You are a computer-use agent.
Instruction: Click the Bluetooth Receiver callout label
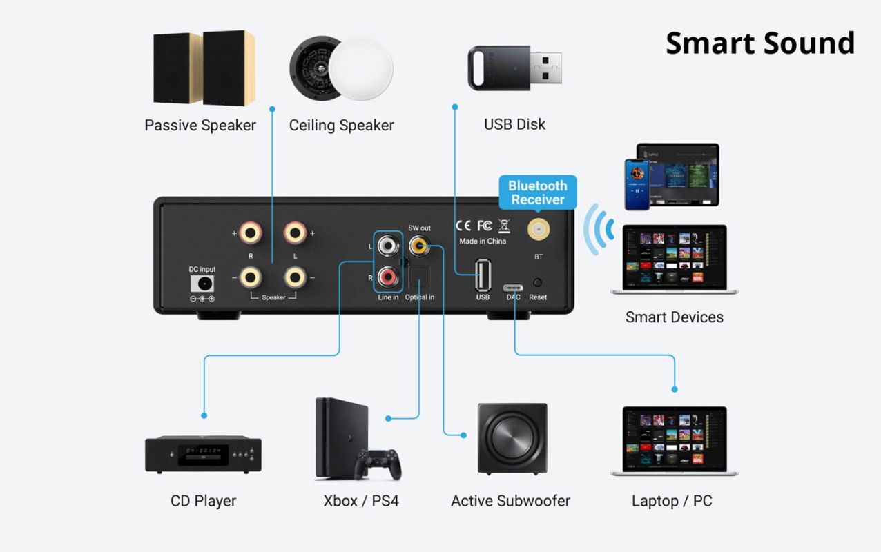[537, 193]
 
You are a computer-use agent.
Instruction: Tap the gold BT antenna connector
[537, 229]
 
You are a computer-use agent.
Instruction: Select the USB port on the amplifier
[483, 275]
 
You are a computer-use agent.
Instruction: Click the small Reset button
[538, 283]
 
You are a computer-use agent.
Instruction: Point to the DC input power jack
[202, 284]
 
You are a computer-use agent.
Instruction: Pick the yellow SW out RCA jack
[419, 244]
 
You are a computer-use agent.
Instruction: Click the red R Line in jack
[387, 277]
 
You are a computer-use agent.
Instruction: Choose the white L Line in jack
[387, 244]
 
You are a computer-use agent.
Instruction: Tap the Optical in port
[419, 278]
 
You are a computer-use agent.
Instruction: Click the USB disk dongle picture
[514, 67]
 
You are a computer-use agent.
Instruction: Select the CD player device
[203, 455]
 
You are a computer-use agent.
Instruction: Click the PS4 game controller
[378, 464]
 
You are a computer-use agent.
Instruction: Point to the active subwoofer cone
[512, 439]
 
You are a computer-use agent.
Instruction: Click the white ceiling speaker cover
[360, 70]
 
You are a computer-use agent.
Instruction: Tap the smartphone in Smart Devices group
[637, 184]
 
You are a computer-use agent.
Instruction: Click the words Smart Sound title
[760, 43]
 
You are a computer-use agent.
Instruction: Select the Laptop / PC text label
[672, 501]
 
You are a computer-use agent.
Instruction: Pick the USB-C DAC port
[514, 285]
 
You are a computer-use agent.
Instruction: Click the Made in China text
[483, 241]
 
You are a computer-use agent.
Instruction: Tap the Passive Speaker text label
[200, 125]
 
